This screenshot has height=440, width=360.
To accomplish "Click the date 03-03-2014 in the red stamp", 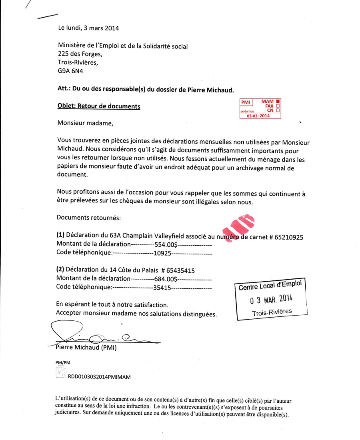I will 258,116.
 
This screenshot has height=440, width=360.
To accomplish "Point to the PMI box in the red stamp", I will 245,102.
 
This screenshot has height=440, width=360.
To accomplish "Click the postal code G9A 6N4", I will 70,71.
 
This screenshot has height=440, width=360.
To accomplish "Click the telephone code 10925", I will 162,253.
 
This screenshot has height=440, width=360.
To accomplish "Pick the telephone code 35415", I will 162,287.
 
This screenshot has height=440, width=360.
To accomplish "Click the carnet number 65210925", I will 289,237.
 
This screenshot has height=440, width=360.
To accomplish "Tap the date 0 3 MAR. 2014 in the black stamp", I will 271,299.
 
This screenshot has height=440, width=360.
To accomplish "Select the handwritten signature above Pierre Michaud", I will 96,336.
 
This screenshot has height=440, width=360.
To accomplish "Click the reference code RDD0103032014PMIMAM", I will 100,377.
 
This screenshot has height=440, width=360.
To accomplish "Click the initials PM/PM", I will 63,362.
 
